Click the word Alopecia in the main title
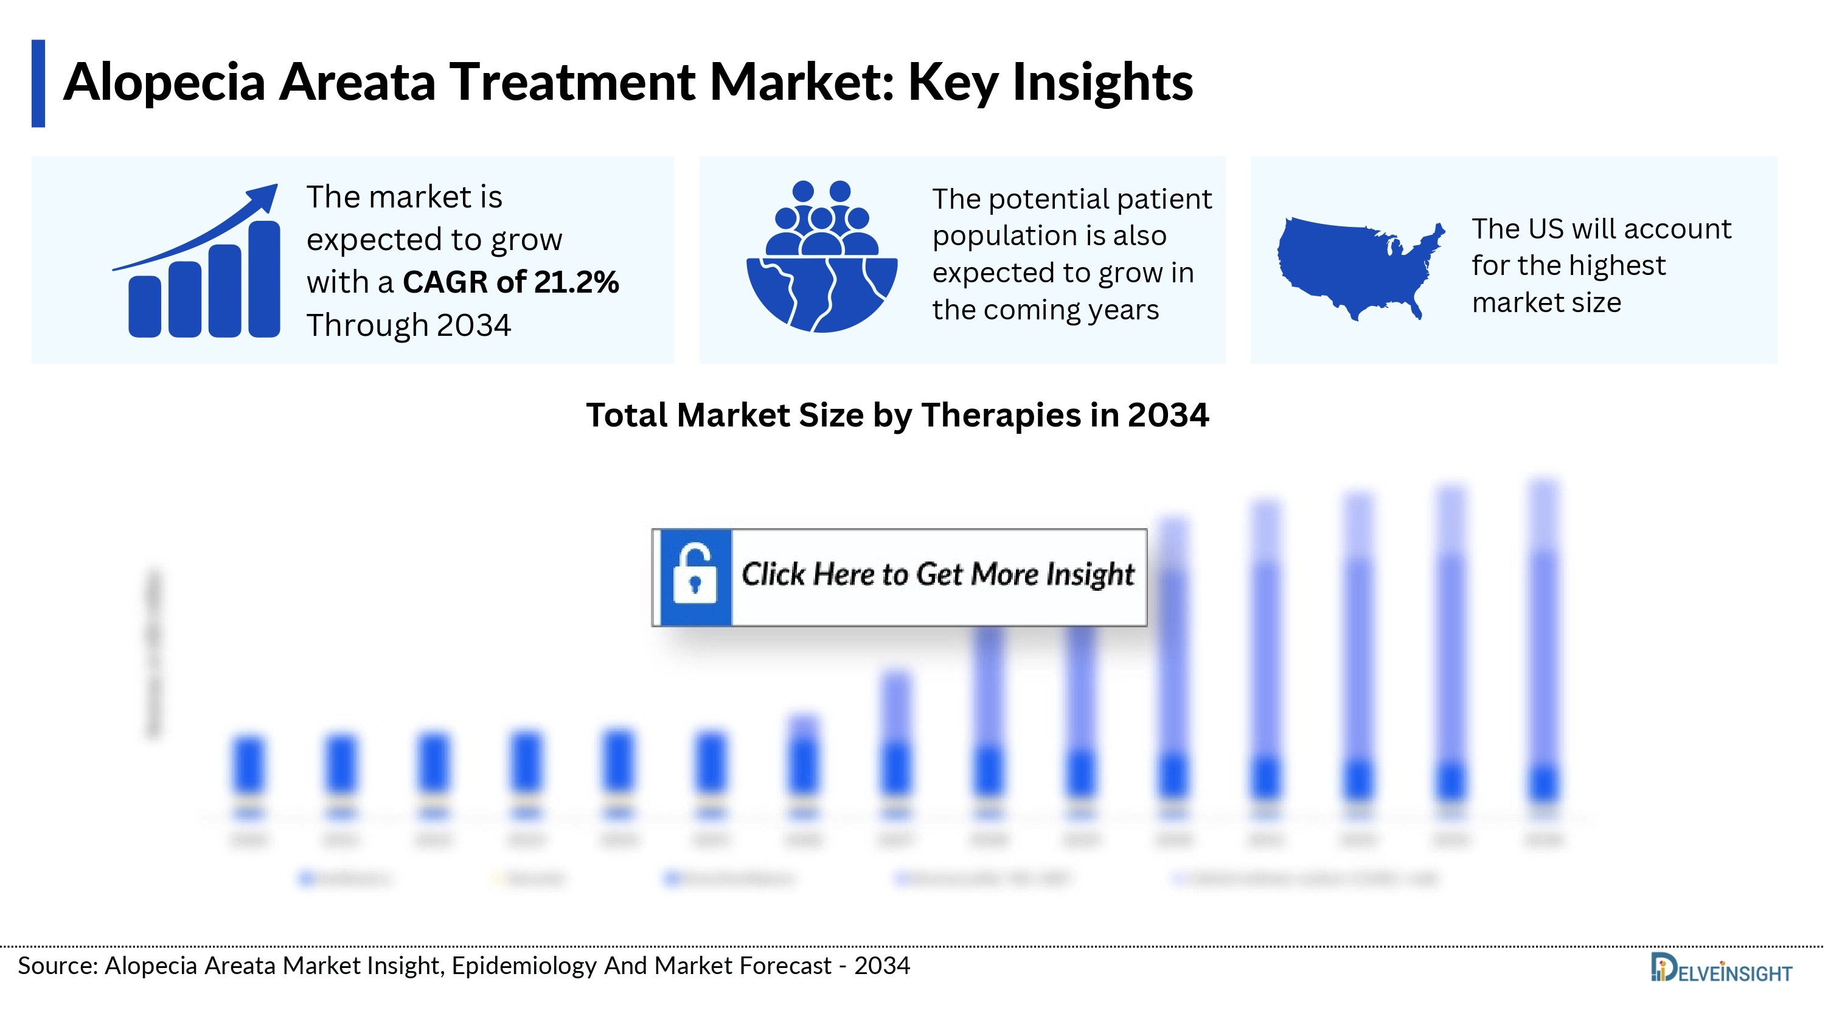[x=164, y=82]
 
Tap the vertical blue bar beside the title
[x=38, y=83]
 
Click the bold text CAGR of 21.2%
[x=510, y=282]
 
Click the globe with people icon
[x=822, y=257]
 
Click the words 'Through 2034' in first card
[x=408, y=326]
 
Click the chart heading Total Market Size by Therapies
[x=897, y=416]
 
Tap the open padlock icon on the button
[x=693, y=576]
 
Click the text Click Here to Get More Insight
[x=937, y=575]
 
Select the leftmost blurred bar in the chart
[x=248, y=765]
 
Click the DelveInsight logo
[x=1721, y=969]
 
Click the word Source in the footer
[x=55, y=966]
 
